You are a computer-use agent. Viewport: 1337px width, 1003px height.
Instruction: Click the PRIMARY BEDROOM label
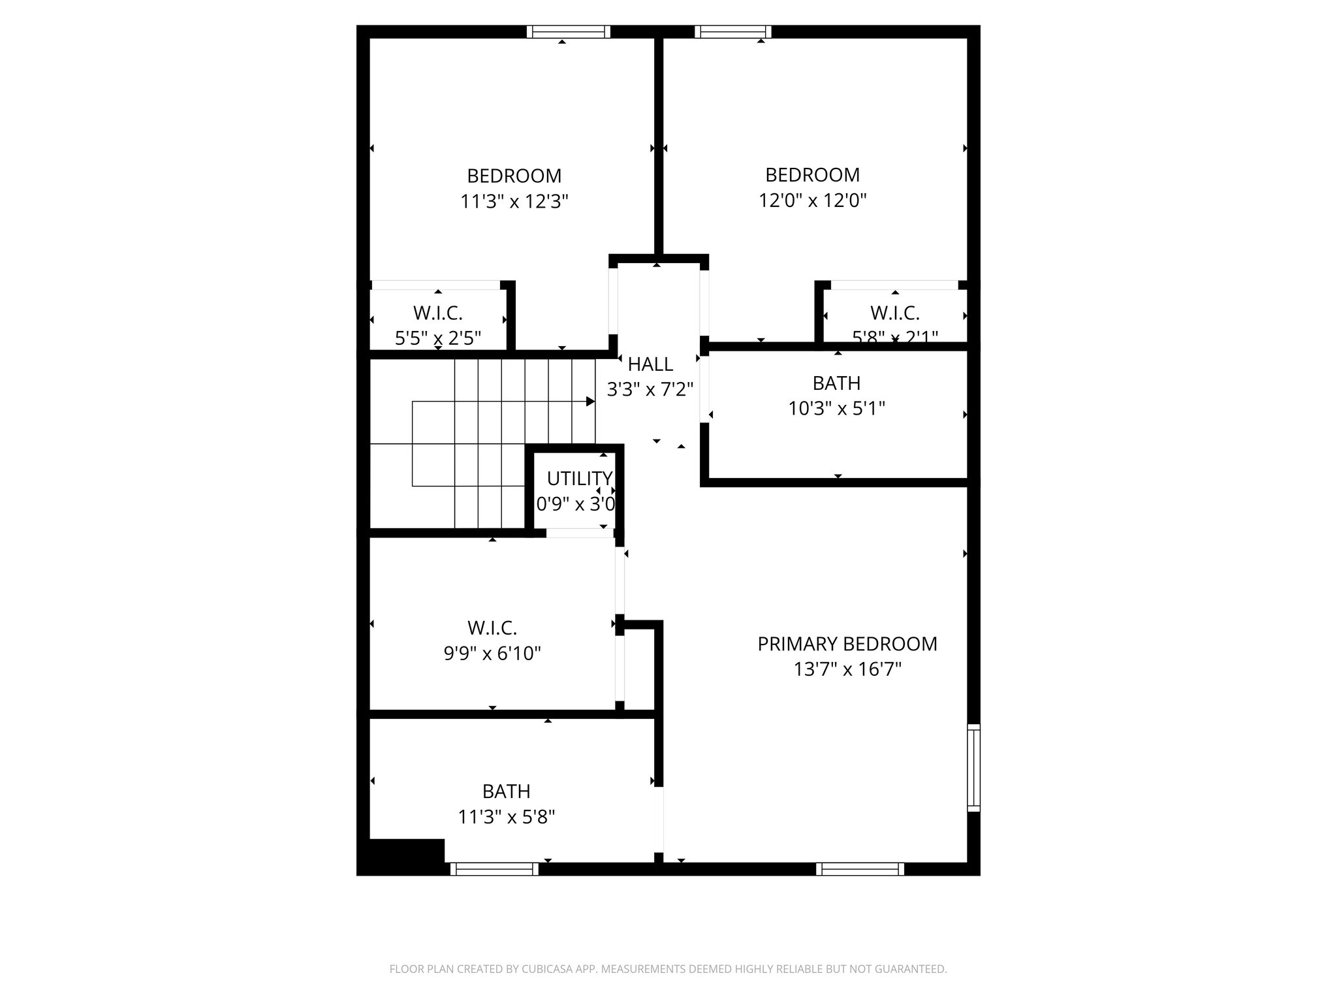pyautogui.click(x=847, y=644)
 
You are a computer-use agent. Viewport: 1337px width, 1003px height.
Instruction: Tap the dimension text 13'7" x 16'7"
pyautogui.click(x=847, y=669)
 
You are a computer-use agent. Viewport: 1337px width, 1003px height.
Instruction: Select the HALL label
pyautogui.click(x=650, y=364)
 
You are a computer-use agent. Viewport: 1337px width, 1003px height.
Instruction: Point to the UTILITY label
pyautogui.click(x=579, y=479)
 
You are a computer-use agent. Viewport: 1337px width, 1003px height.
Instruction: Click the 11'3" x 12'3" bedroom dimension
pyautogui.click(x=514, y=201)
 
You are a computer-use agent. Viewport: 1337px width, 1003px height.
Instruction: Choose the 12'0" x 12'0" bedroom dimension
pyautogui.click(x=812, y=200)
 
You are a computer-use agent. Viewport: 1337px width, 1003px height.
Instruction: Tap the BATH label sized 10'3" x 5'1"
pyautogui.click(x=836, y=383)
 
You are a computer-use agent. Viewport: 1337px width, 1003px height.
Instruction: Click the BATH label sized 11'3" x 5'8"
pyautogui.click(x=506, y=791)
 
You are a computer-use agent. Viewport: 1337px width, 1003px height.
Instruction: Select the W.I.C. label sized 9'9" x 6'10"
pyautogui.click(x=492, y=628)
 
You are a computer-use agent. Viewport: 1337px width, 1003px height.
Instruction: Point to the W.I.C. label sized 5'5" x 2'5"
pyautogui.click(x=438, y=313)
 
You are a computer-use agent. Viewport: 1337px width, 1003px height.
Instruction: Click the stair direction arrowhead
pyautogui.click(x=590, y=401)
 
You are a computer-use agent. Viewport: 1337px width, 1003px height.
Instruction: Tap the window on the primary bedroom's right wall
pyautogui.click(x=973, y=767)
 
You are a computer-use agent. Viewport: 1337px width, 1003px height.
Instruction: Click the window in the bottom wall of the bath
pyautogui.click(x=494, y=868)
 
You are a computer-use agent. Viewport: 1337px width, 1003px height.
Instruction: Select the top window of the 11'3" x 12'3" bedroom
pyautogui.click(x=568, y=31)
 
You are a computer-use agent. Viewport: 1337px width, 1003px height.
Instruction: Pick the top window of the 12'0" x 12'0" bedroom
pyautogui.click(x=732, y=31)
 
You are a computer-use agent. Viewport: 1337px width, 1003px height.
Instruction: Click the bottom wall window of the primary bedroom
pyautogui.click(x=860, y=868)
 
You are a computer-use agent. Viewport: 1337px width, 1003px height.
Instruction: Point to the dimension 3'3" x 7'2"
pyautogui.click(x=650, y=390)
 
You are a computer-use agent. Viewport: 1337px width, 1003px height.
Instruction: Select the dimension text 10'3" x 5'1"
pyautogui.click(x=836, y=409)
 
